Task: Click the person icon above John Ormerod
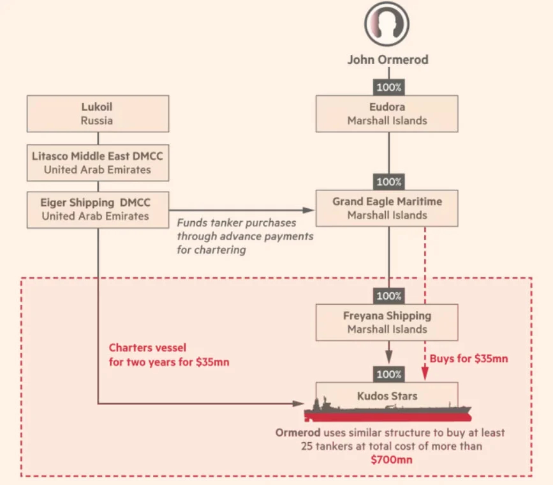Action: [x=387, y=24]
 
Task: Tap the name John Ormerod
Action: [x=388, y=59]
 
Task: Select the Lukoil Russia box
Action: [x=98, y=114]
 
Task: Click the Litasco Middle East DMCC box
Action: [x=98, y=163]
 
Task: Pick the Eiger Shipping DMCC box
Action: [x=98, y=210]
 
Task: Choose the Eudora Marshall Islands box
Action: [x=387, y=114]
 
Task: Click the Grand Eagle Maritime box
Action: [x=387, y=208]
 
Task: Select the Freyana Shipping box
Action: [x=387, y=322]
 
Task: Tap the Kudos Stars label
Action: [x=387, y=396]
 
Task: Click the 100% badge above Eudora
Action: [x=388, y=88]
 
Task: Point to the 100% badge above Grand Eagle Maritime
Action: [x=388, y=182]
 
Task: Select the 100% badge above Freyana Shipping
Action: [x=388, y=296]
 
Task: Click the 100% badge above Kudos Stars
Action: [x=388, y=374]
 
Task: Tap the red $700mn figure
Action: [x=392, y=459]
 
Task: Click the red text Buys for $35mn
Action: [x=469, y=358]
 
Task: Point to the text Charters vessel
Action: [x=147, y=348]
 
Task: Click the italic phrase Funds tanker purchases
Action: [x=236, y=223]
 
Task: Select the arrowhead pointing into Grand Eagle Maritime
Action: [x=308, y=210]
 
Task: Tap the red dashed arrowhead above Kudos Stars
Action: [x=425, y=373]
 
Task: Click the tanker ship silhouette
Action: [x=388, y=412]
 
